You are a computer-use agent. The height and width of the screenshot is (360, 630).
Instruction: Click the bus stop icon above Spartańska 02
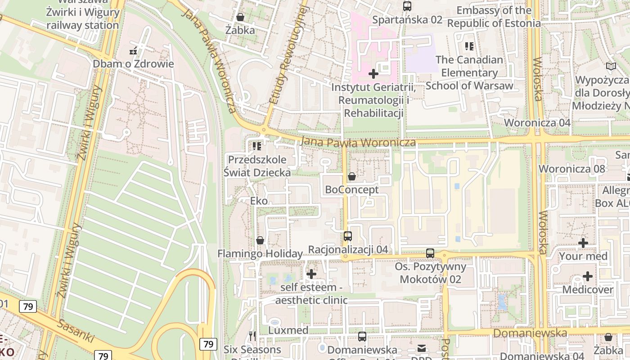pyautogui.click(x=407, y=6)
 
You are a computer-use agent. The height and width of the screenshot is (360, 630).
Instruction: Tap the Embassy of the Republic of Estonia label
pyautogui.click(x=494, y=17)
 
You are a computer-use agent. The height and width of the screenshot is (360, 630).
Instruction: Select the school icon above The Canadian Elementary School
pyautogui.click(x=469, y=46)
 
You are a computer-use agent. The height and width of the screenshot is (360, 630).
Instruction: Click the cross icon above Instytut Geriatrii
pyautogui.click(x=373, y=73)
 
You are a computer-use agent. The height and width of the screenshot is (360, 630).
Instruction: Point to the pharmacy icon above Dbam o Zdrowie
pyautogui.click(x=133, y=50)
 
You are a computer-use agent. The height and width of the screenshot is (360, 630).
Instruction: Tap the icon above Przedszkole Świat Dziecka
pyautogui.click(x=257, y=146)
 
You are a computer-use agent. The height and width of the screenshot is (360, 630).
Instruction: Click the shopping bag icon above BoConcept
pyautogui.click(x=352, y=176)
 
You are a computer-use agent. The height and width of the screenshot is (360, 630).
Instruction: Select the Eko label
pyautogui.click(x=259, y=201)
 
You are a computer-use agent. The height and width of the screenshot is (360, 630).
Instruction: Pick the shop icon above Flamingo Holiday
pyautogui.click(x=260, y=240)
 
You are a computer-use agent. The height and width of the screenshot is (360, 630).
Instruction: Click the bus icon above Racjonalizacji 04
pyautogui.click(x=347, y=236)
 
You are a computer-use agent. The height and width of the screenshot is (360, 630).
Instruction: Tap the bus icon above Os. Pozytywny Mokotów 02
pyautogui.click(x=430, y=253)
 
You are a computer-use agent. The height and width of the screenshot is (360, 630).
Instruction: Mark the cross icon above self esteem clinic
pyautogui.click(x=311, y=274)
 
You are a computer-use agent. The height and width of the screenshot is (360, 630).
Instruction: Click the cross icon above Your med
pyautogui.click(x=583, y=243)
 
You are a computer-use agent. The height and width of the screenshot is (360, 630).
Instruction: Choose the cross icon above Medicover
pyautogui.click(x=587, y=276)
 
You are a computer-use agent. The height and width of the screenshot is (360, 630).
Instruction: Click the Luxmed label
pyautogui.click(x=288, y=330)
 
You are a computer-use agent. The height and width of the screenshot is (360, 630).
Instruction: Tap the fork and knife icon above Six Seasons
pyautogui.click(x=252, y=336)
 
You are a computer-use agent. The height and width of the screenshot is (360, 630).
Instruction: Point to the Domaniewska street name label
pyautogui.click(x=530, y=333)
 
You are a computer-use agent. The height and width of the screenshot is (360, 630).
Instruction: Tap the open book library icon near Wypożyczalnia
pyautogui.click(x=611, y=67)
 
